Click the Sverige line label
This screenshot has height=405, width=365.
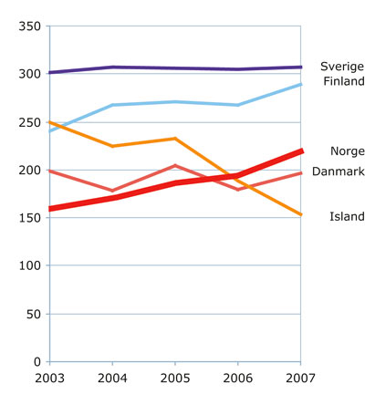pos(341,67)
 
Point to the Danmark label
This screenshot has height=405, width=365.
pos(338,171)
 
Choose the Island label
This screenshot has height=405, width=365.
pos(347,216)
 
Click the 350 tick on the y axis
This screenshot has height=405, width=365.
pos(31,27)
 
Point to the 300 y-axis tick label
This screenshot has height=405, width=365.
pos(31,75)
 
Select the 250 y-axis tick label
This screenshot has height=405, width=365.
pos(31,122)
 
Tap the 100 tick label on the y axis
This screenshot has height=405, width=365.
pos(31,265)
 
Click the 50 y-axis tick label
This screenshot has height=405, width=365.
pos(35,314)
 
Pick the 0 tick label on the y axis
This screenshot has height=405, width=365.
pos(38,361)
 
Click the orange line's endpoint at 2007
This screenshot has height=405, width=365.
pos(301,215)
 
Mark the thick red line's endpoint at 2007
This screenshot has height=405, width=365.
pos(301,151)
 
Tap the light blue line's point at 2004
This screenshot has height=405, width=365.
pos(113,106)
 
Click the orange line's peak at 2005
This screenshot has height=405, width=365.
pos(175,139)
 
